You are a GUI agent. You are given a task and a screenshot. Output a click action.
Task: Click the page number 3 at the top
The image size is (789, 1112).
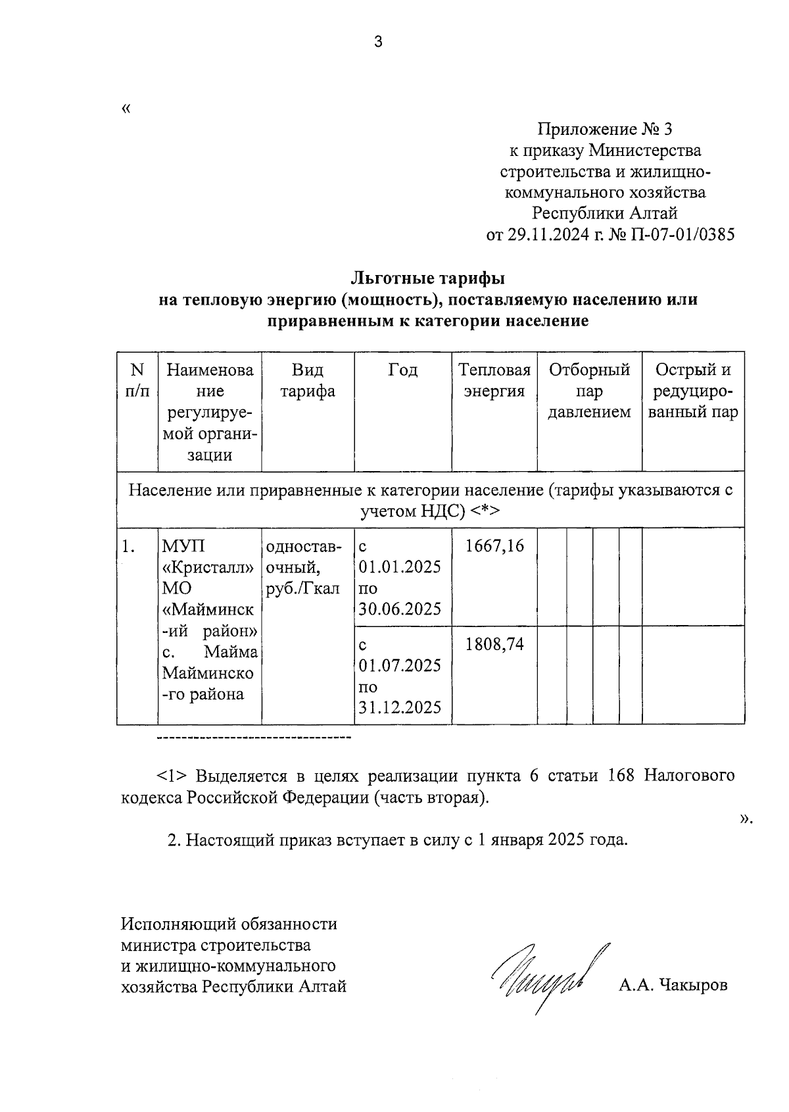click(377, 43)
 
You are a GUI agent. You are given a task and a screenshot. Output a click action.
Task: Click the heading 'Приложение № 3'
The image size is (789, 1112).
click(604, 129)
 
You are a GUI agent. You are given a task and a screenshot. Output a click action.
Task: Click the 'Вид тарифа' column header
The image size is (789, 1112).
click(308, 380)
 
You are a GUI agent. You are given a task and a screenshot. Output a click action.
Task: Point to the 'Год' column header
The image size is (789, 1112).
click(402, 370)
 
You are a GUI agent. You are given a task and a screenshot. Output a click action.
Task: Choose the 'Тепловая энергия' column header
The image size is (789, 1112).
click(494, 380)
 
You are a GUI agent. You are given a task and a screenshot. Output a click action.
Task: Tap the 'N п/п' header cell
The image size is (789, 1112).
click(137, 380)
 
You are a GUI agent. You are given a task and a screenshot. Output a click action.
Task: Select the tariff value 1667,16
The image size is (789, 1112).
click(494, 546)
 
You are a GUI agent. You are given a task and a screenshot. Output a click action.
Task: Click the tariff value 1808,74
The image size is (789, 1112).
click(494, 644)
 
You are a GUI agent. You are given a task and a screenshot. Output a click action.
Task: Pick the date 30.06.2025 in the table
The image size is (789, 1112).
click(400, 609)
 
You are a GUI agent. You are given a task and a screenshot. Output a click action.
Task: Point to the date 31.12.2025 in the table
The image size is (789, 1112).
click(400, 707)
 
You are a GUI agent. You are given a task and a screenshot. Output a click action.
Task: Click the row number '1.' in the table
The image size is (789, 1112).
click(130, 546)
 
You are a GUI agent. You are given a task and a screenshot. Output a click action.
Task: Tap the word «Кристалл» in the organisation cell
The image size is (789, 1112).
click(208, 567)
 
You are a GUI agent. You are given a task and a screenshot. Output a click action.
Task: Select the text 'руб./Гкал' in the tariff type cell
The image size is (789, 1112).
click(303, 588)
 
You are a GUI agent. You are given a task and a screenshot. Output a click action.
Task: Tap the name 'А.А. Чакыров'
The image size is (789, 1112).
click(672, 986)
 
